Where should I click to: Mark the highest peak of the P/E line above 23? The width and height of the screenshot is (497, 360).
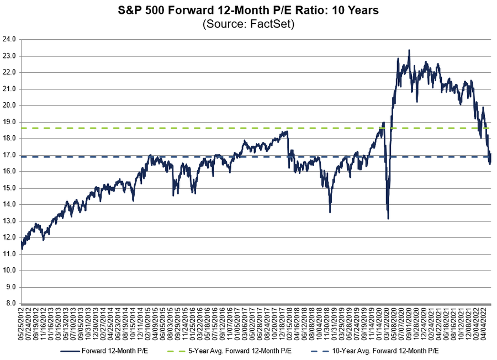[x=409, y=50]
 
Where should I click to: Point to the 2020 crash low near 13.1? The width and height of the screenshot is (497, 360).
[x=388, y=219]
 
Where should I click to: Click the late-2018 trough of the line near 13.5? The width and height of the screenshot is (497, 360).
[x=330, y=212]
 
